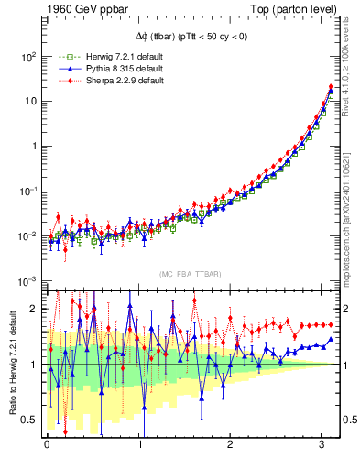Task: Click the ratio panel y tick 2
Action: tap(34, 309)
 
